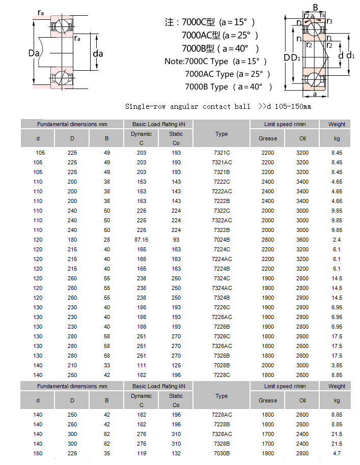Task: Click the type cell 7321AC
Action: [221, 162]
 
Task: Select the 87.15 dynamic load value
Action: [141, 240]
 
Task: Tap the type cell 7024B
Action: [221, 240]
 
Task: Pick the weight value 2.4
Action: [337, 240]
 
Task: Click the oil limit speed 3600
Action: [302, 240]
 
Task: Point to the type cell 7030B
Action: [221, 453]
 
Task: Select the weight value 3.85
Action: [337, 365]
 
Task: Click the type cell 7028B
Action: [221, 365]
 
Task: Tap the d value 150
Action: [38, 453]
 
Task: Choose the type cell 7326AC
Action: [221, 346]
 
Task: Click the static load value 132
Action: [176, 453]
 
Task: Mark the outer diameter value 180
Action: [72, 240]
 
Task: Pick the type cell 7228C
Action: [221, 375]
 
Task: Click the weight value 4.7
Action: [337, 453]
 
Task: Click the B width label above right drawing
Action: [316, 8]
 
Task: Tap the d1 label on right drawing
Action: [350, 55]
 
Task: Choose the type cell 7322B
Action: [221, 230]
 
